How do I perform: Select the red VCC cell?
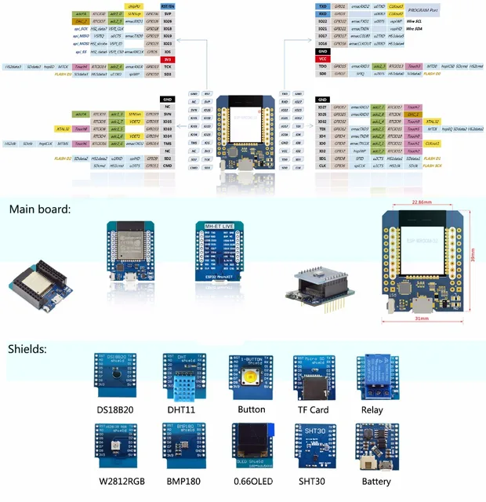point(323,59)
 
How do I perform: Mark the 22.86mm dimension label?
point(422,202)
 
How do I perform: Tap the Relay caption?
point(372,410)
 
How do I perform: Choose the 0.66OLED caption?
point(252,481)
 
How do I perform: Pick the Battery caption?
point(376,481)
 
